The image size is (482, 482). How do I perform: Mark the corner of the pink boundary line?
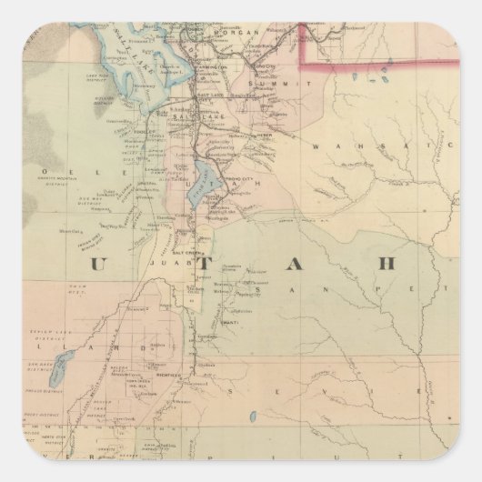coord(303,65)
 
